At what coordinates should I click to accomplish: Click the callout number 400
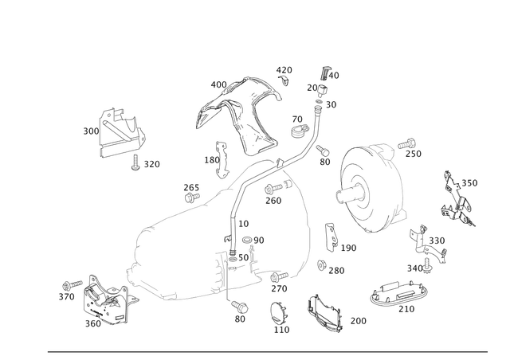[218, 85]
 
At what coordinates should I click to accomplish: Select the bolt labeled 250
[407, 143]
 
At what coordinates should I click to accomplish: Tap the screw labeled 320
[135, 162]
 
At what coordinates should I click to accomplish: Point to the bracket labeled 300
[122, 133]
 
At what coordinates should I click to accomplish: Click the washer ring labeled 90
[247, 241]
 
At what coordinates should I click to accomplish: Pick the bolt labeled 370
[73, 285]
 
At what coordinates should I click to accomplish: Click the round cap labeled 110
[277, 314]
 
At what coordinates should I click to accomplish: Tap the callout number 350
[469, 183]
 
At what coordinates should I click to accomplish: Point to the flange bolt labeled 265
[192, 197]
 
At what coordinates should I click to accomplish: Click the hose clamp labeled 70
[297, 131]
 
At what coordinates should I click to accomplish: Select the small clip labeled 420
[284, 80]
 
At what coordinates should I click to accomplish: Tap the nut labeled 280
[322, 265]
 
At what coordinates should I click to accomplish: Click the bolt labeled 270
[279, 277]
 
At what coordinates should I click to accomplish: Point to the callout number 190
[349, 248]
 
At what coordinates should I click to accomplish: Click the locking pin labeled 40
[324, 73]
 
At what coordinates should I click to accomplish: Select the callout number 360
[93, 323]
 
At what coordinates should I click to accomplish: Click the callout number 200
[359, 321]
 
